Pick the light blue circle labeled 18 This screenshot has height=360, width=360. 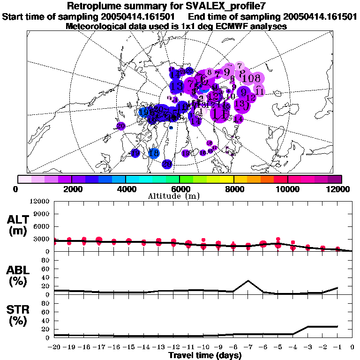coord(153,153)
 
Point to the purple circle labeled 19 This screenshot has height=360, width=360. coord(135,153)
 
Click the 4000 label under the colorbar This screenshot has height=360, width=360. coord(126,188)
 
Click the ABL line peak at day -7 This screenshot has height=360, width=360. coord(248,281)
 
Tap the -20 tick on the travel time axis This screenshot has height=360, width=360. coord(55,347)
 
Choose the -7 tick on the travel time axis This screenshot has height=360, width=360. coord(247,347)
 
